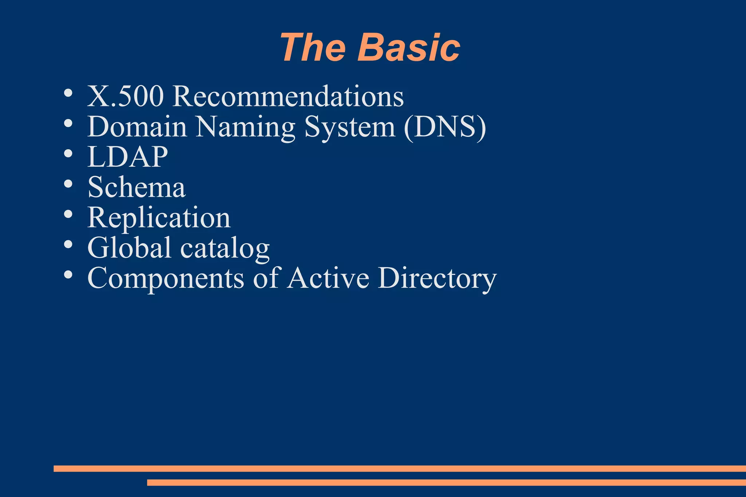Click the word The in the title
click(313, 48)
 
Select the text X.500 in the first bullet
click(125, 96)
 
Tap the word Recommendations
click(288, 96)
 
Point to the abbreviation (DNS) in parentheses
click(445, 127)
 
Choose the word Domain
click(137, 127)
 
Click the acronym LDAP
click(127, 157)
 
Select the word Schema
click(137, 188)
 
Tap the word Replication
click(159, 218)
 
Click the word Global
click(129, 248)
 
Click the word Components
click(166, 279)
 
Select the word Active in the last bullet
click(328, 279)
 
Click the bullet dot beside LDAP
click(68, 154)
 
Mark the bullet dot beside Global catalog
click(68, 244)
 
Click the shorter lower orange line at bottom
click(446, 482)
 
